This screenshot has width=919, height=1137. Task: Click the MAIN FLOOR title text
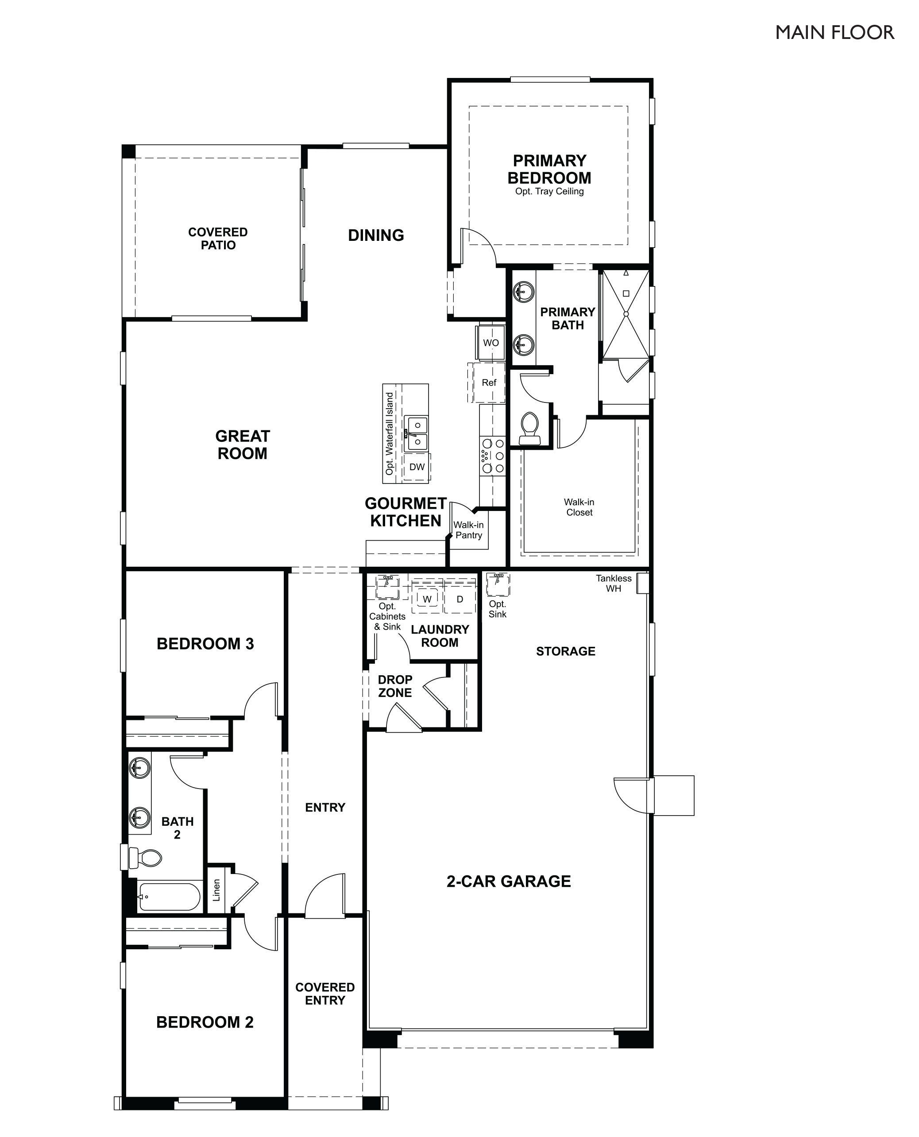834,33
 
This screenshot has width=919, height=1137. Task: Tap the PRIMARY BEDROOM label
549,170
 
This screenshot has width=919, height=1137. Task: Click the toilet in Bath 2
146,858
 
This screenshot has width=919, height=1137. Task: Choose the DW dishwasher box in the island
417,467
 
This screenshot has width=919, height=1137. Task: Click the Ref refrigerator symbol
489,383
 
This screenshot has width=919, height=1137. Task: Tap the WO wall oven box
491,343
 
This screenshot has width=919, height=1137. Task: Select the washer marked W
427,599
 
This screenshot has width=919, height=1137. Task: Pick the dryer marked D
459,599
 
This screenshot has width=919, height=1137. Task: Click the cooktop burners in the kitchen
492,456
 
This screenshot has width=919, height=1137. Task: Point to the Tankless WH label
613,583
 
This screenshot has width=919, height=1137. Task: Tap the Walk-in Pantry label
468,530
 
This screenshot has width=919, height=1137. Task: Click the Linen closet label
216,890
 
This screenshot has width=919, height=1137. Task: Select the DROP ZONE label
395,686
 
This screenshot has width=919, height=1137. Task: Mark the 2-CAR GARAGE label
508,882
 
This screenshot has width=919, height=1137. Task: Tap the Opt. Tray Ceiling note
549,192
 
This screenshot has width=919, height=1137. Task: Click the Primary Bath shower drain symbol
626,314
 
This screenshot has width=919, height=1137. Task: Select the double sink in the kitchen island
417,433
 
